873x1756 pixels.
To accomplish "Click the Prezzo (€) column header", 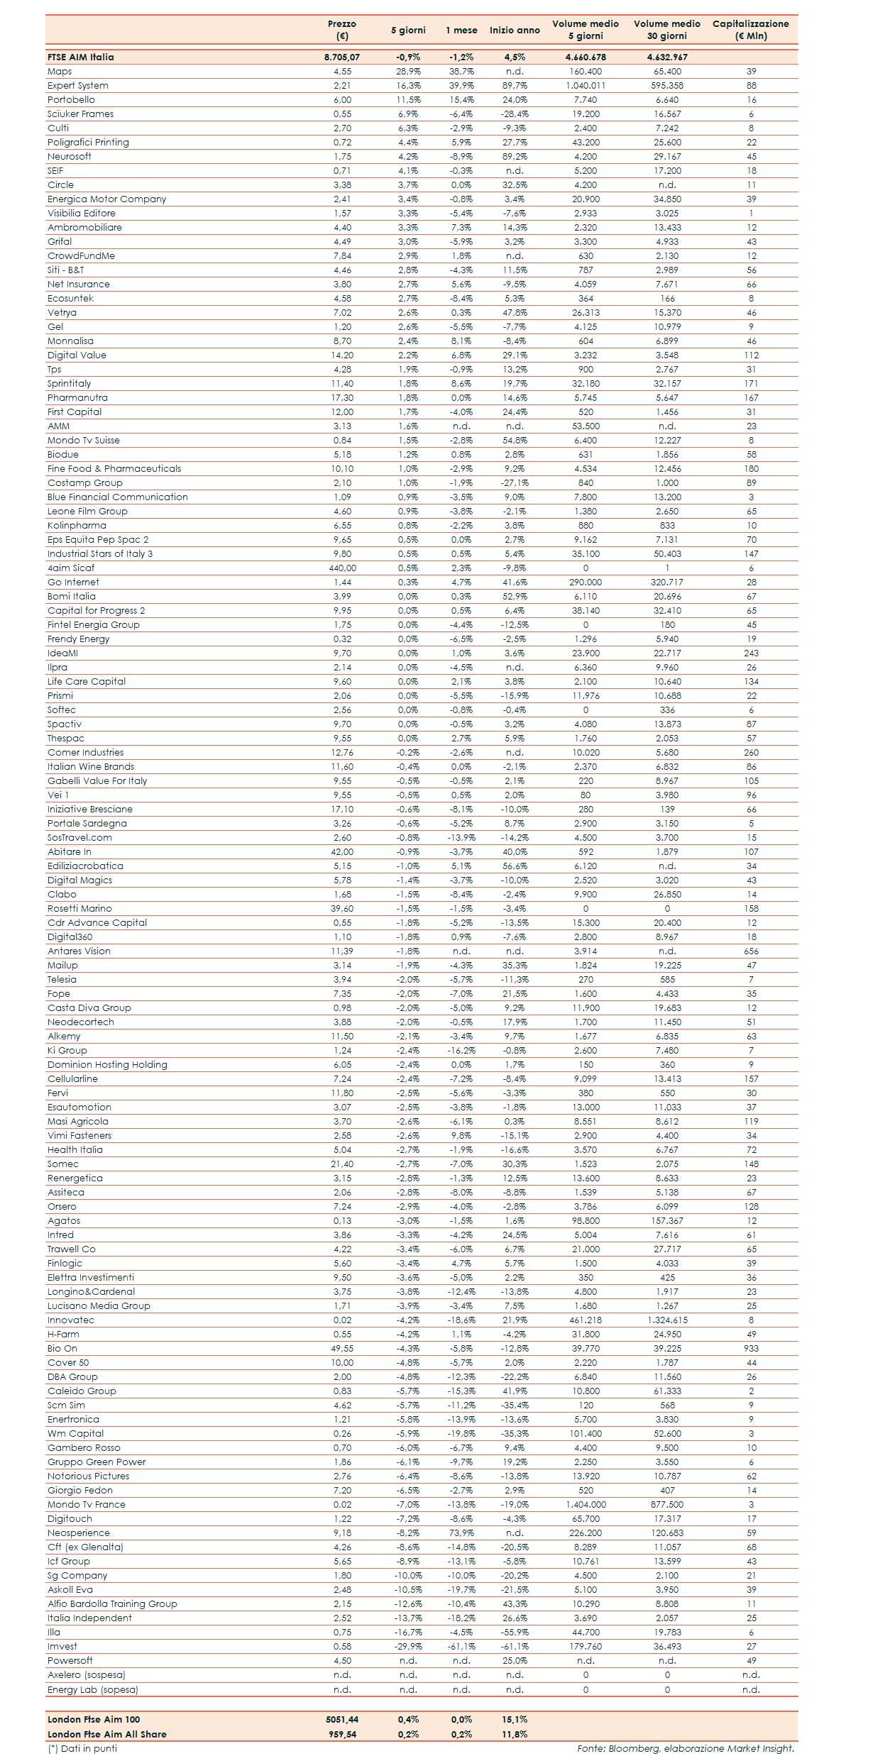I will (342, 30).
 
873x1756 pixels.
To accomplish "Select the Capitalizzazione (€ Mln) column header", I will (750, 30).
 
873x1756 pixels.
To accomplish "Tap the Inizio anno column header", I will (515, 30).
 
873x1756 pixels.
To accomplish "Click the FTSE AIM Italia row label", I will (80, 57).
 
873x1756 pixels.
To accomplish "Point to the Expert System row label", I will (78, 85).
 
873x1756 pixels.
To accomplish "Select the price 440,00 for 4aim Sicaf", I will (342, 568).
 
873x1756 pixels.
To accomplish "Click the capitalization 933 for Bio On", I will (751, 1348).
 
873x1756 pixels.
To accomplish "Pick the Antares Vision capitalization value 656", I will (751, 951).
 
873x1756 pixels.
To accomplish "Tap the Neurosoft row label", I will (70, 156).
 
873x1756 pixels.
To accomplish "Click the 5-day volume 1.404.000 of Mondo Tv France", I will (586, 1504).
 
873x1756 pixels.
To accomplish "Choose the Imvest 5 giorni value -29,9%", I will (408, 1646).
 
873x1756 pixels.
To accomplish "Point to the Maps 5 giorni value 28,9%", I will (408, 71).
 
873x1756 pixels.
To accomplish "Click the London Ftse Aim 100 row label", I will (94, 1719).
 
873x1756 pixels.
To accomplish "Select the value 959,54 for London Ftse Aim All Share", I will (342, 1734).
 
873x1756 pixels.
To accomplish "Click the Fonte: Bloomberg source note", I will (685, 1748).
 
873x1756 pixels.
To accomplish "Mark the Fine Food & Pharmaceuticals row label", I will (114, 468).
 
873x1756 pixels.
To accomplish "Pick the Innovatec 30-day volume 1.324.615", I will (667, 1320).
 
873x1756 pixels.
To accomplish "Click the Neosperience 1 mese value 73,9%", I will (461, 1533).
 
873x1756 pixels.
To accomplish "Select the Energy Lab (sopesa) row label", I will (93, 1689).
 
